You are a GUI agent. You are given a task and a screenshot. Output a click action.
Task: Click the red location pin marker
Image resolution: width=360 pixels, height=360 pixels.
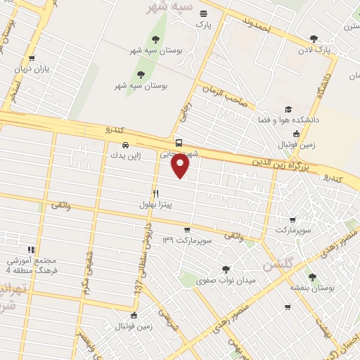[181, 165]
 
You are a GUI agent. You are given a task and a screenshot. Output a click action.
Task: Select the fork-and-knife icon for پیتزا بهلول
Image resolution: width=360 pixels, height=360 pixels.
[155, 193]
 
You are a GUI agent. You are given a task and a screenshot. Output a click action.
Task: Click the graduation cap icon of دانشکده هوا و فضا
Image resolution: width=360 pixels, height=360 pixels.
[288, 109]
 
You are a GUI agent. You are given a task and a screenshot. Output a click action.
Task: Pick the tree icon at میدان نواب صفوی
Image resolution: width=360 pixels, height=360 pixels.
[226, 269]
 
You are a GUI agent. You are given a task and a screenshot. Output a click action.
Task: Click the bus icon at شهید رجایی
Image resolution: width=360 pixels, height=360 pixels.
[179, 141]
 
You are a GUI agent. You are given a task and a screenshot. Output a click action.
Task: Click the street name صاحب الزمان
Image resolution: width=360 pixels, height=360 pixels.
[225, 96]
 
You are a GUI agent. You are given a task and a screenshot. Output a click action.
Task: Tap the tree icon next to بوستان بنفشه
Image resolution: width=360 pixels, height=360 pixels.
[311, 276]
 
